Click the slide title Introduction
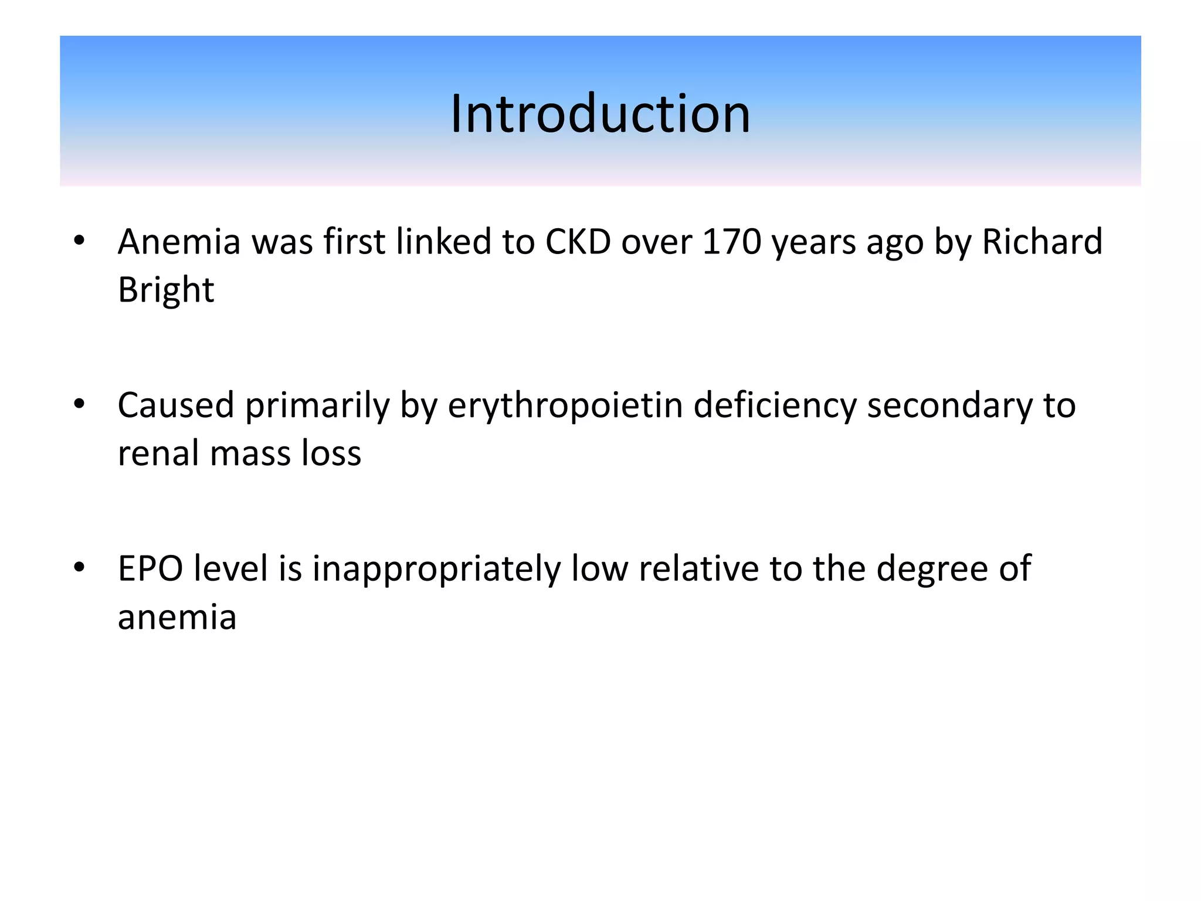pos(600,114)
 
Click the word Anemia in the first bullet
pos(179,242)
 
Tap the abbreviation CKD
pos(578,242)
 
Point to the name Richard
pos(1042,242)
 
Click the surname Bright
pos(166,290)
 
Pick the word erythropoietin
pos(565,405)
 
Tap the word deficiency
pos(775,405)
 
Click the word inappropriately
pos(436,570)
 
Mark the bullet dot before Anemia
pos(79,241)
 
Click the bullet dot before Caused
pos(79,404)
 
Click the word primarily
pos(317,407)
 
